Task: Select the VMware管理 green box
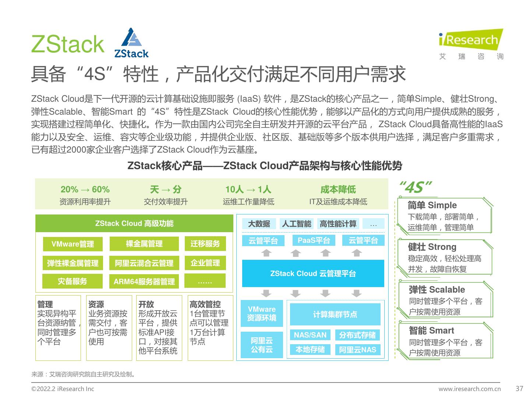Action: [x=73, y=244]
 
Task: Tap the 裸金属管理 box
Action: [x=144, y=244]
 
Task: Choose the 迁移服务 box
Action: [x=205, y=244]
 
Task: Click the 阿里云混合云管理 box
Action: [x=144, y=263]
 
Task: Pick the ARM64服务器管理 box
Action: [x=144, y=282]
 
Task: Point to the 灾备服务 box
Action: [x=73, y=282]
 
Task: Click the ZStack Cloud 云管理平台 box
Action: [x=313, y=273]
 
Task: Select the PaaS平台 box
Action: [x=314, y=240]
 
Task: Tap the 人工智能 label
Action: [x=296, y=224]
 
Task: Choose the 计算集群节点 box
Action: [x=335, y=314]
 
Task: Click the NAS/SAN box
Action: [x=310, y=335]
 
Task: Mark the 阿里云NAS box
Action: [x=357, y=350]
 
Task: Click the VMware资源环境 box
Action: [x=262, y=314]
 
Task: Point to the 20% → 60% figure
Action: [x=85, y=189]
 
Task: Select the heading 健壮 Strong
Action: [x=432, y=247]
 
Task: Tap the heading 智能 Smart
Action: [x=431, y=331]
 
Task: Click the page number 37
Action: [x=519, y=388]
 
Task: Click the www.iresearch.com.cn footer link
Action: [x=469, y=389]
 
